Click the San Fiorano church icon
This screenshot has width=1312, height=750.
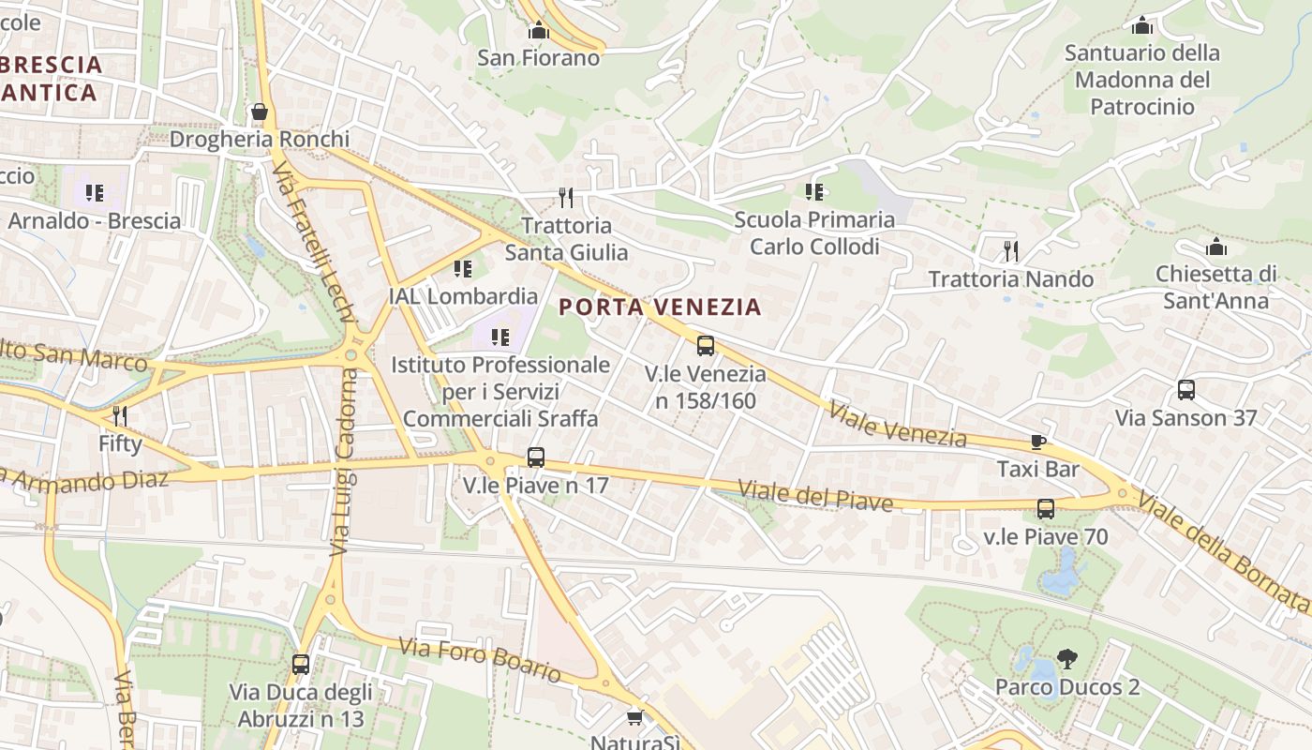[x=538, y=31]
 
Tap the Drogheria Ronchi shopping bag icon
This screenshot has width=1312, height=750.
[x=260, y=112]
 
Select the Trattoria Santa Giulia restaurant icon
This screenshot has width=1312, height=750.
[x=565, y=197]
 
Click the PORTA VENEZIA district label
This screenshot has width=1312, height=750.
[x=660, y=307]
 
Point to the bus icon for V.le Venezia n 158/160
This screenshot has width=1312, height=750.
[x=706, y=346]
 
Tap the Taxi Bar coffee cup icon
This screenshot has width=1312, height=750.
[x=1037, y=442]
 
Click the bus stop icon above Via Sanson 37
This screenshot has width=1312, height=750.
[x=1185, y=390]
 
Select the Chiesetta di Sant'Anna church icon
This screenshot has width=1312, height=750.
[x=1216, y=247]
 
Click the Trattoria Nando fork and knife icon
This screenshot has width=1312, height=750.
[x=1010, y=250]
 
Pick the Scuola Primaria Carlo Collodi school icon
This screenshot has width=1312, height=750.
[x=814, y=192]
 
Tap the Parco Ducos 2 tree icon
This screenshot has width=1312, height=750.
[x=1066, y=659]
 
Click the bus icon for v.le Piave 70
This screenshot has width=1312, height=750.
[x=1046, y=509]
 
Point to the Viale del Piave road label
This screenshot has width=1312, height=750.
[x=815, y=496]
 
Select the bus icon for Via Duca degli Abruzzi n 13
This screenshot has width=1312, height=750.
[x=301, y=665]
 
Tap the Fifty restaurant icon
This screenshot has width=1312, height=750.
[x=120, y=415]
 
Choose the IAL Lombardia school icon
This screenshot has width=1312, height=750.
[x=463, y=269]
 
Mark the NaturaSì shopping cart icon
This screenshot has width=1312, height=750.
[x=635, y=717]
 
